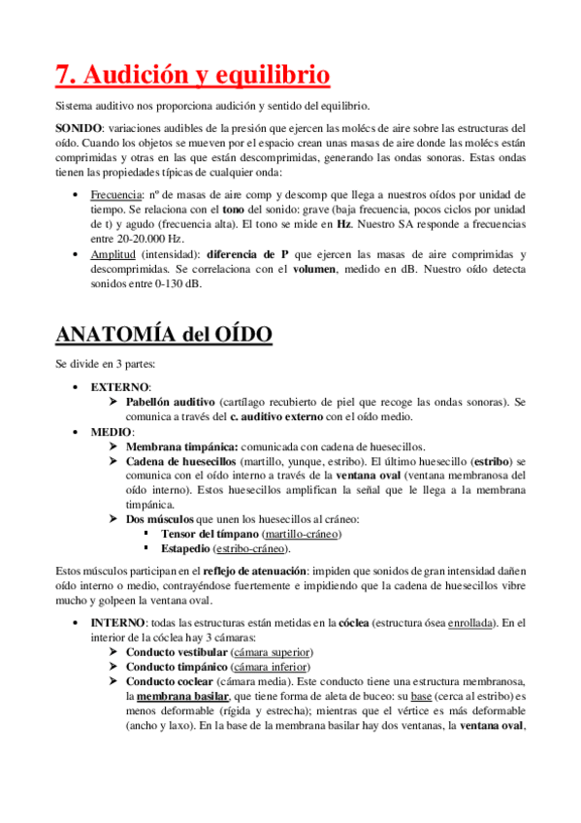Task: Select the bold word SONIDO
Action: (x=78, y=128)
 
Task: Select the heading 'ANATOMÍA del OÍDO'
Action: (x=164, y=335)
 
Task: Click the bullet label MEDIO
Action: (x=112, y=431)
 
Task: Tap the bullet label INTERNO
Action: (x=119, y=622)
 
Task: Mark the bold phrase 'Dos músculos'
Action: (x=159, y=519)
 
